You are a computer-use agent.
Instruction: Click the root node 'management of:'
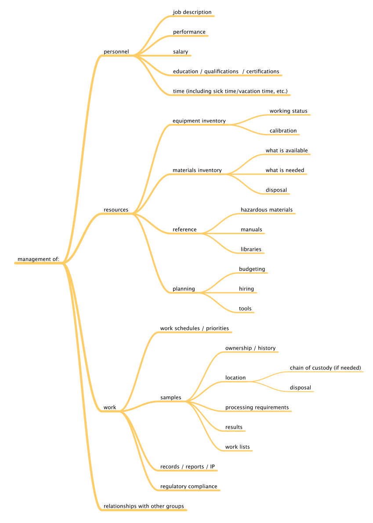(x=38, y=259)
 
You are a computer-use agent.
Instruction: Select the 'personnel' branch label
(x=116, y=52)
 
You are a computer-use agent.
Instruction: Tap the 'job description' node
(x=192, y=12)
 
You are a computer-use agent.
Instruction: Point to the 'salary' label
(x=181, y=52)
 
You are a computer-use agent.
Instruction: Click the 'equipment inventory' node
(x=199, y=121)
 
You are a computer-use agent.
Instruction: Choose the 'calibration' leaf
(x=283, y=131)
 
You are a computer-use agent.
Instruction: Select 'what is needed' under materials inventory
(x=285, y=170)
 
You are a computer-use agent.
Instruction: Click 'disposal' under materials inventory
(x=276, y=190)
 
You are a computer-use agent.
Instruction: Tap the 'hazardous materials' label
(x=267, y=210)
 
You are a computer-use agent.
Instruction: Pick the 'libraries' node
(x=251, y=249)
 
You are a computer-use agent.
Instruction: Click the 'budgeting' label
(x=252, y=269)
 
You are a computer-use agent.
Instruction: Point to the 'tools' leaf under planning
(x=245, y=309)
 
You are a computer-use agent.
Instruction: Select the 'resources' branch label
(x=116, y=210)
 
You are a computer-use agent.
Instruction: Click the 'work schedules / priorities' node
(x=195, y=328)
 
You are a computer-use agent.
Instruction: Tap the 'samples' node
(x=171, y=397)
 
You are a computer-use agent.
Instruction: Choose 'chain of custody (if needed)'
(x=325, y=368)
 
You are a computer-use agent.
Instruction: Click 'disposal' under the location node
(x=300, y=388)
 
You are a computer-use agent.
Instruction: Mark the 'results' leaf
(x=234, y=427)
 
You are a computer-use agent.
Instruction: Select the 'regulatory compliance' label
(x=188, y=487)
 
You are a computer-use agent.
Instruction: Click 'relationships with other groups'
(x=144, y=506)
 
